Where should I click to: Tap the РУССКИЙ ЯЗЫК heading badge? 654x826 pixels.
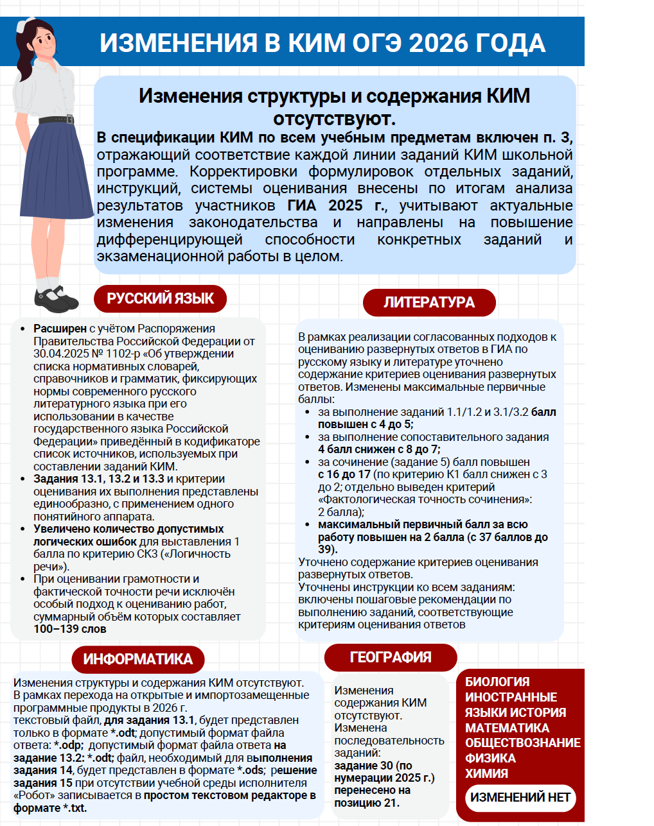tap(161, 298)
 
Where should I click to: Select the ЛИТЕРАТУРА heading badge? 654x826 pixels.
tap(429, 302)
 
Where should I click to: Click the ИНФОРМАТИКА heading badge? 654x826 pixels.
tap(137, 659)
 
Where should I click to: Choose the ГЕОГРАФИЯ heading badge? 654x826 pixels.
tap(391, 657)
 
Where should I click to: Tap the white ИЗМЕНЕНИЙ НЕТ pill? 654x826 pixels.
tap(520, 798)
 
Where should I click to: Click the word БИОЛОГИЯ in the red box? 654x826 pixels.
tap(497, 682)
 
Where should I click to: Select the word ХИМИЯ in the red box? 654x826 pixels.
tap(486, 773)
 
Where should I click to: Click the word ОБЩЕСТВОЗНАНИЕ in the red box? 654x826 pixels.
tap(522, 743)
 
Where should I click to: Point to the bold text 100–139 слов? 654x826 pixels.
tap(70, 629)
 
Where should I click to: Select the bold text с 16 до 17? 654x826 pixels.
tap(344, 474)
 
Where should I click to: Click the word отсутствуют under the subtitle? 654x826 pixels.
tap(334, 119)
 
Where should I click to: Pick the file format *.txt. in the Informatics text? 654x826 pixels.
tap(75, 808)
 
